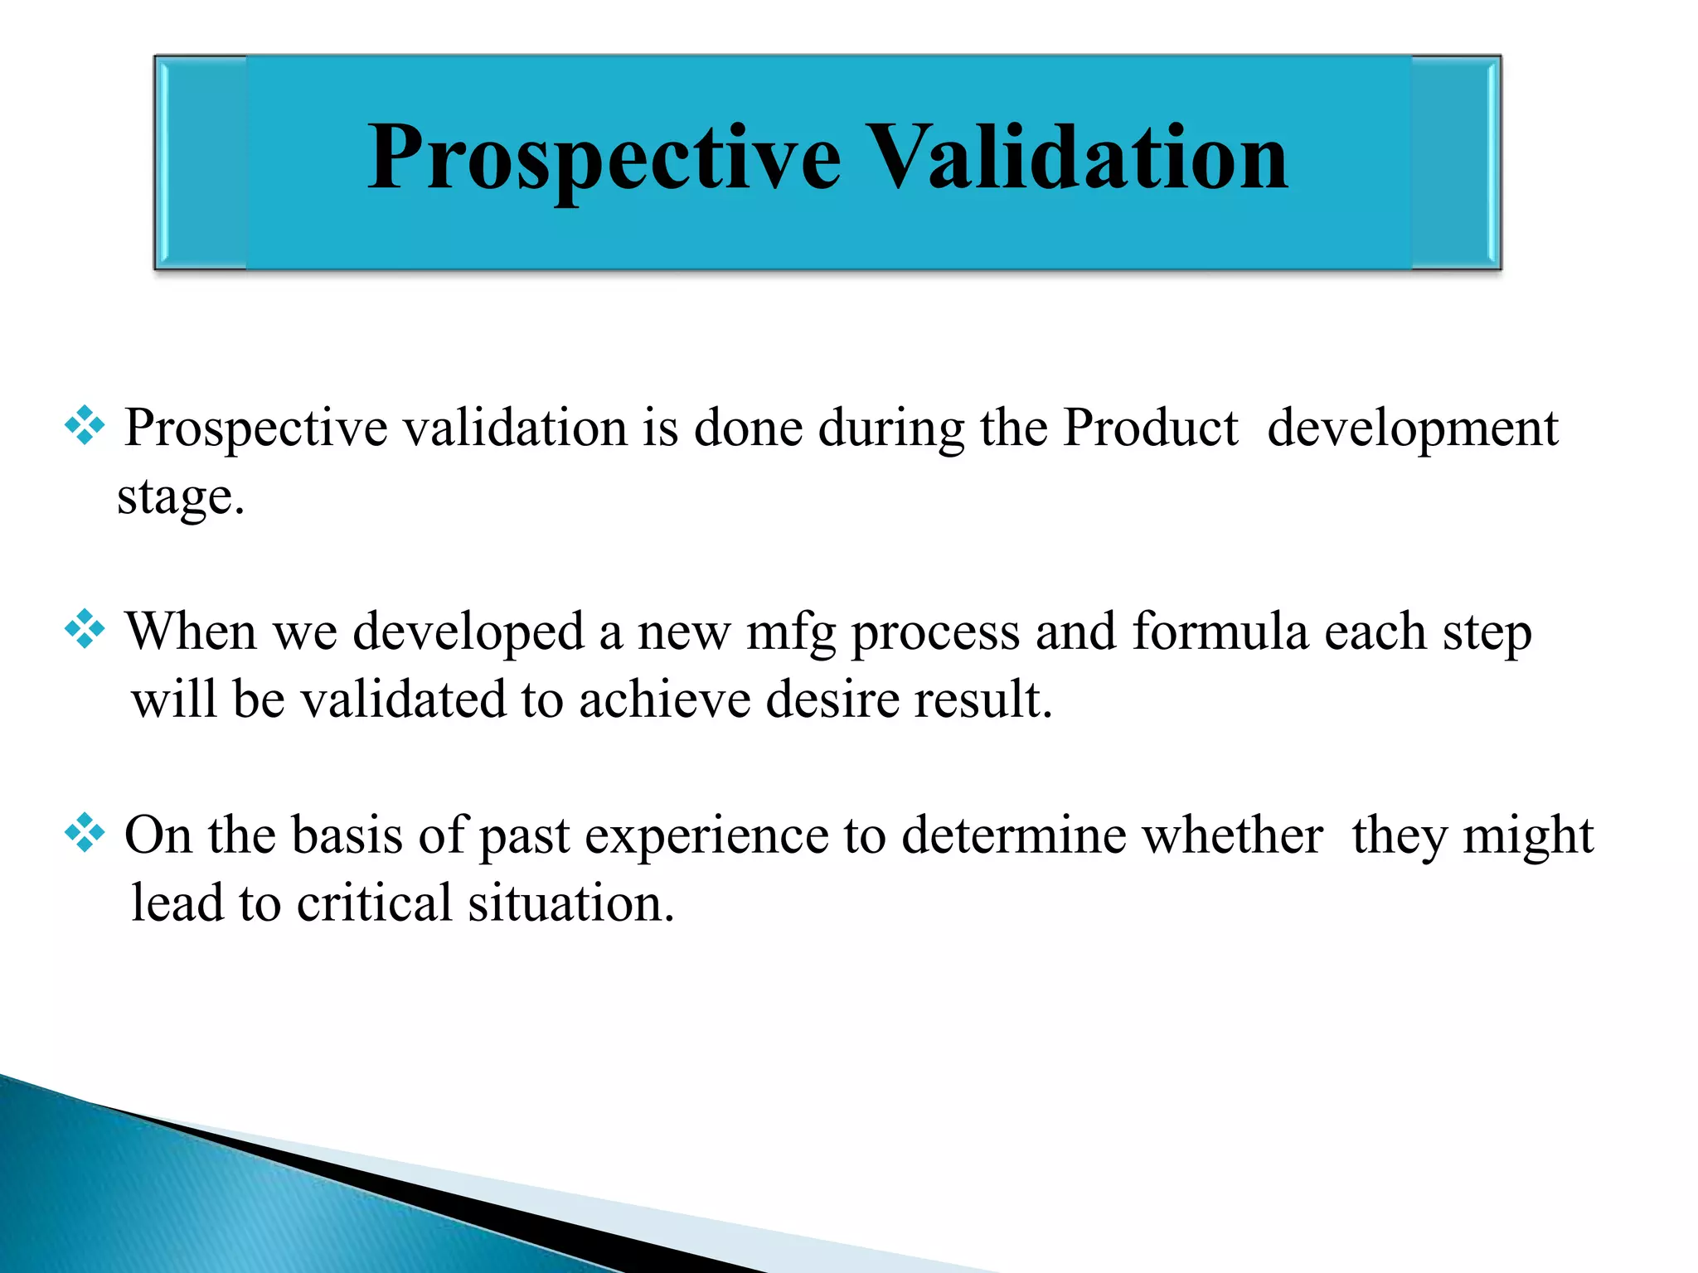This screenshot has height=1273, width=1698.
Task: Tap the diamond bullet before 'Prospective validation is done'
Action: point(85,427)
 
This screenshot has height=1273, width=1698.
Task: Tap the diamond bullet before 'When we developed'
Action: point(85,630)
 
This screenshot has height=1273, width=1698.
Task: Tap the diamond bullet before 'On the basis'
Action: point(85,834)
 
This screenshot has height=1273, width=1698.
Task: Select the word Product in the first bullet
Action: point(1150,428)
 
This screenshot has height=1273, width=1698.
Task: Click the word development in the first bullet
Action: point(1412,428)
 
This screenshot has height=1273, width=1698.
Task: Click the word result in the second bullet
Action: point(982,699)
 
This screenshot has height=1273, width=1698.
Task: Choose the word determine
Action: point(1013,835)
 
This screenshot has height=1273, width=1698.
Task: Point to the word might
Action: point(1528,836)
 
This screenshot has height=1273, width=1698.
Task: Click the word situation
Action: point(570,903)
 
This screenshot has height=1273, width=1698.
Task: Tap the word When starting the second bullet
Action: point(191,632)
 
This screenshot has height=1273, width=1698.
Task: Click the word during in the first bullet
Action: point(892,430)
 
